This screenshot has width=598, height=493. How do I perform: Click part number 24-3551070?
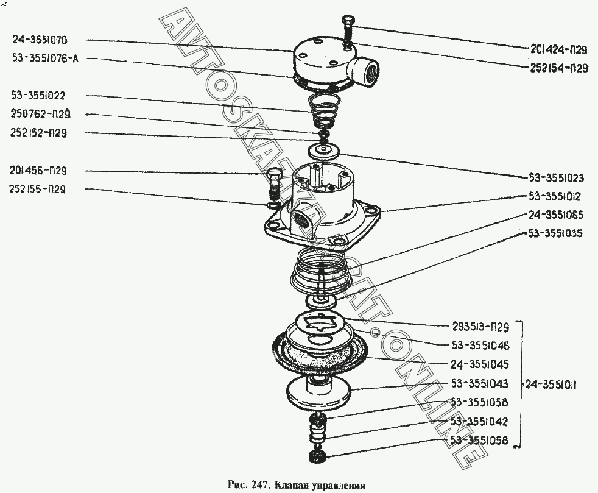40,40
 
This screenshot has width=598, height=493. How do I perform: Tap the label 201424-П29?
558,49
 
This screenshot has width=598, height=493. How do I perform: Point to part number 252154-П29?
559,68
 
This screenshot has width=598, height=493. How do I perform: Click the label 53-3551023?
556,178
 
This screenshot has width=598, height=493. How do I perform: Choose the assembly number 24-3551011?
551,385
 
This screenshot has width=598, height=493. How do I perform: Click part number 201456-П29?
38,170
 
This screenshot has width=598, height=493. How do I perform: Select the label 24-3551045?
479,365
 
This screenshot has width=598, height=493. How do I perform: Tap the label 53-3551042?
479,422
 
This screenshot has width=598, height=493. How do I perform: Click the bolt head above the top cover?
348,19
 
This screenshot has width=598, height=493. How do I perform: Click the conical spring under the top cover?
323,112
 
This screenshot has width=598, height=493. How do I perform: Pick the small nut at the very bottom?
317,456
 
